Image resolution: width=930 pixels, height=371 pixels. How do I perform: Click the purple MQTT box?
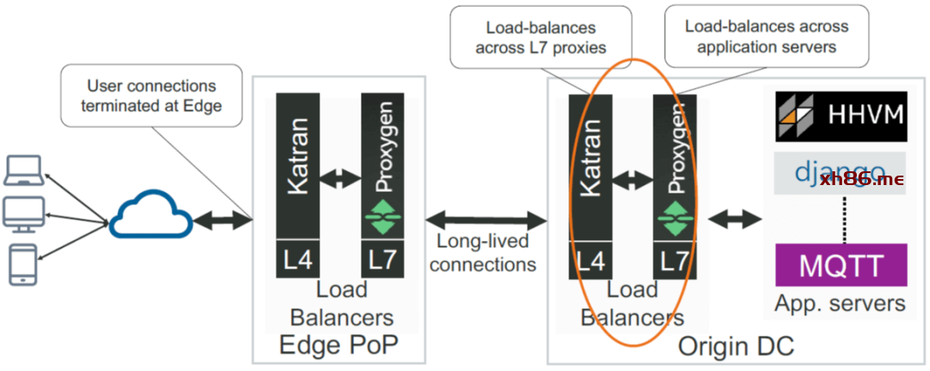pyautogui.click(x=841, y=265)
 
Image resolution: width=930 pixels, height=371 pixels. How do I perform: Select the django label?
pyautogui.click(x=840, y=173)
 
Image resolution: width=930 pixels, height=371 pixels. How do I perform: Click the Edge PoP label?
pyautogui.click(x=338, y=346)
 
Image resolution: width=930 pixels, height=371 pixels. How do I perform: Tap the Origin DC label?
pyautogui.click(x=735, y=346)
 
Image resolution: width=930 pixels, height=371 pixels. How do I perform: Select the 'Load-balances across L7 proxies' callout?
pyautogui.click(x=540, y=37)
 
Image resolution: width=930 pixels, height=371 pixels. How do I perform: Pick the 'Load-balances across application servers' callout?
pyautogui.click(x=766, y=37)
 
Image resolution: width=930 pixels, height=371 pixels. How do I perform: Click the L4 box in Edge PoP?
pyautogui.click(x=297, y=258)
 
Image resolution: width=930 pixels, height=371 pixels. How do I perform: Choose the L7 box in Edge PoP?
pyautogui.click(x=382, y=258)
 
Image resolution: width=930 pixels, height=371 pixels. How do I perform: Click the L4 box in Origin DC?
pyautogui.click(x=590, y=258)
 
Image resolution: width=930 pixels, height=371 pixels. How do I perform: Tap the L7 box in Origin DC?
pyautogui.click(x=674, y=258)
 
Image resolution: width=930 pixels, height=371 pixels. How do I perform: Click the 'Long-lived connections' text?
pyautogui.click(x=483, y=252)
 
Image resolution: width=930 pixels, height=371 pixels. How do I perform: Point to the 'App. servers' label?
pyautogui.click(x=840, y=303)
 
